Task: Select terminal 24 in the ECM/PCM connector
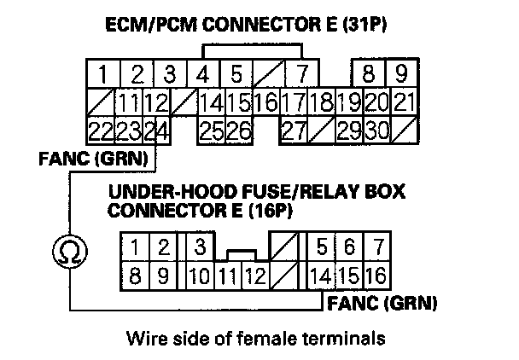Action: [155, 132]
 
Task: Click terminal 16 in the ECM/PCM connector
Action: [265, 104]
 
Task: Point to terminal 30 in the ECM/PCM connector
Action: [376, 132]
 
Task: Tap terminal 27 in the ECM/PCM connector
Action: [293, 132]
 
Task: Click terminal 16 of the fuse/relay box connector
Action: [376, 276]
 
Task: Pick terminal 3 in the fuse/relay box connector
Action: [199, 248]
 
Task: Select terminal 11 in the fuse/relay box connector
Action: [226, 276]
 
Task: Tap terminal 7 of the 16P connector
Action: [376, 248]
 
